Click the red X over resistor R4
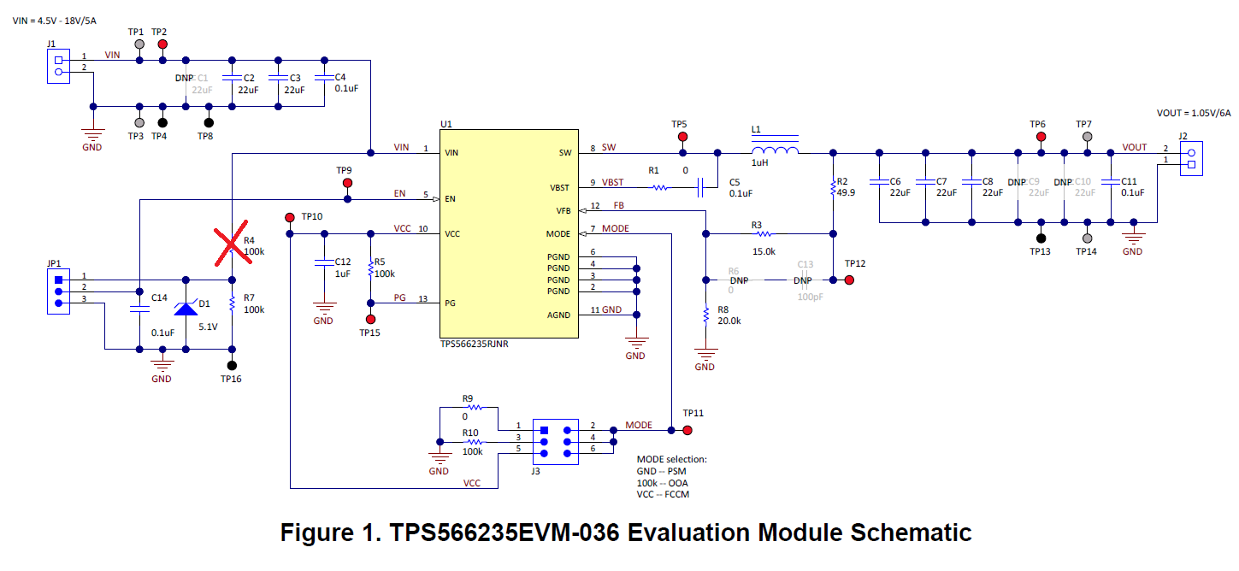pos(233,244)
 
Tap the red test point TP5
pos(682,137)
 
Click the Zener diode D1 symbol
pos(186,309)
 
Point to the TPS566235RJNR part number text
pos(474,344)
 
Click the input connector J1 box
pos(59,67)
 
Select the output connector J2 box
pos(1191,159)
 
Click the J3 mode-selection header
pos(555,442)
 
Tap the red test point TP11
pos(687,430)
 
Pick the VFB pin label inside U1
pos(563,210)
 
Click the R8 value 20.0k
pos(729,321)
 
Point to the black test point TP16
pos(233,365)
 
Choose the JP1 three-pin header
pos(59,291)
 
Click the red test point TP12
pos(850,280)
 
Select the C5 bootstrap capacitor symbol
pos(699,187)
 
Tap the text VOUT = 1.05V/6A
pos(1194,113)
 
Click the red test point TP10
pos(290,218)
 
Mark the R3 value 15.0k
pos(764,251)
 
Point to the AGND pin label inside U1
pos(558,315)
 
